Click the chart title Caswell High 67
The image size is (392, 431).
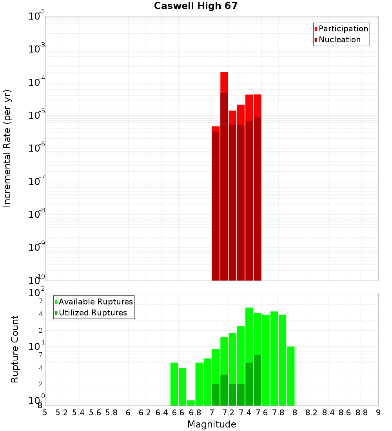coord(196,6)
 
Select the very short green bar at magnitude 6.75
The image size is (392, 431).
coord(191,403)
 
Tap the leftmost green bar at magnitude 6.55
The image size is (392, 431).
coord(174,384)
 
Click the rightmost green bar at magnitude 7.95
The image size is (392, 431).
coord(290,376)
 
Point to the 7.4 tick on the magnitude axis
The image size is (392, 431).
coord(245,413)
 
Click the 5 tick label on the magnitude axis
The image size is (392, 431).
coord(45,413)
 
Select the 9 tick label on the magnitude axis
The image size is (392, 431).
coord(378,413)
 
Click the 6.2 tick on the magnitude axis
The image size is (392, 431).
coord(145,413)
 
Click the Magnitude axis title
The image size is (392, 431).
coord(212,424)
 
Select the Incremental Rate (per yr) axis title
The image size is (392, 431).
coord(7,148)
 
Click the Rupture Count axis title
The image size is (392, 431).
coord(15,349)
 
